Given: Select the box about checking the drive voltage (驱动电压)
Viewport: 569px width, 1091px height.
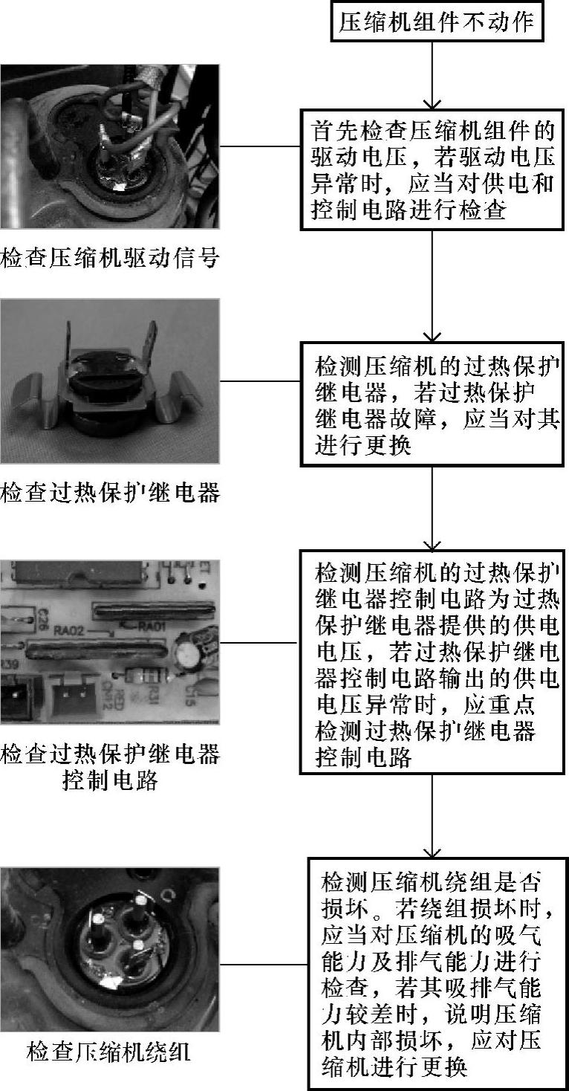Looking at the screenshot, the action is pos(432,171).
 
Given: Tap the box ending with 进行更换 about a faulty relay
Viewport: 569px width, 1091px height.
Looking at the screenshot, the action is pos(432,404).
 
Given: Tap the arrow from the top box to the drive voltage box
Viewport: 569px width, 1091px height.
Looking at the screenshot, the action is pos(432,76).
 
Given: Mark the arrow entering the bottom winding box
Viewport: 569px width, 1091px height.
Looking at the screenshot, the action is pos(432,818).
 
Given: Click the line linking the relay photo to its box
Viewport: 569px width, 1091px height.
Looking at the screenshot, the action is pos(260,381).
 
